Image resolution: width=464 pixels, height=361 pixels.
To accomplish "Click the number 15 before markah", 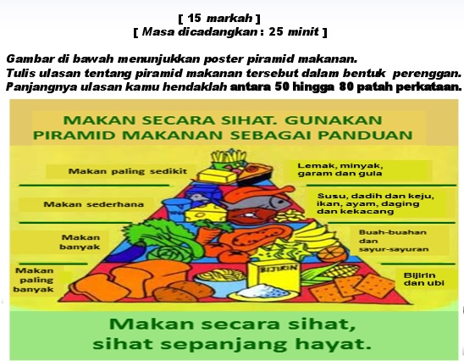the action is click(x=194, y=19).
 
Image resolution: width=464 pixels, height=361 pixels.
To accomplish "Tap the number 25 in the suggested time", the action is click(x=276, y=31).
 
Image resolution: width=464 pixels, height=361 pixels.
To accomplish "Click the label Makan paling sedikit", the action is click(x=128, y=171).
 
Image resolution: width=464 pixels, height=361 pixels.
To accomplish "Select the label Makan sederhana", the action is click(x=93, y=204).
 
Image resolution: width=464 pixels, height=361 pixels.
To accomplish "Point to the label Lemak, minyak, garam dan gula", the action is click(x=340, y=169).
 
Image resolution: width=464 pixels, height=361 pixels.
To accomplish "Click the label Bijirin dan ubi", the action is click(x=423, y=279).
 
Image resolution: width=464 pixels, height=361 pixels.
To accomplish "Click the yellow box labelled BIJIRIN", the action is click(x=274, y=279).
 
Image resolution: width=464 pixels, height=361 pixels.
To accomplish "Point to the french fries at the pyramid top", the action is click(x=229, y=157).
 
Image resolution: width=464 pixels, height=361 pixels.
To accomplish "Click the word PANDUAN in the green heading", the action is click(x=365, y=136).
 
